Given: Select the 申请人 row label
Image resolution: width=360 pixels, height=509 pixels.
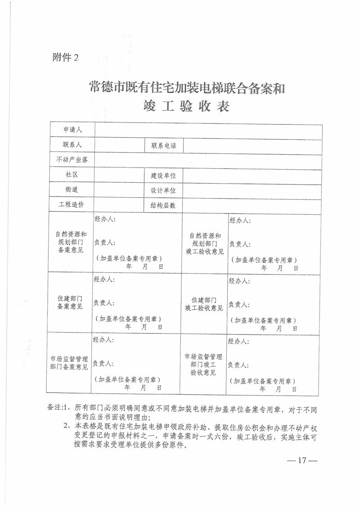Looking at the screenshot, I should coord(72,130).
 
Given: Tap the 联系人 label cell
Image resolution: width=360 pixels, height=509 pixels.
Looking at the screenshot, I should coord(72,145).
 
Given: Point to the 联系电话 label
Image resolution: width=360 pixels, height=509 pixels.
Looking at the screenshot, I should coord(163,145).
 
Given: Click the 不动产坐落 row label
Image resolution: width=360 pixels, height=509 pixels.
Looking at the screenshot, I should coord(72,160).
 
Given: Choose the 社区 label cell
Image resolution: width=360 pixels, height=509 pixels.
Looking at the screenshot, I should coord(72,175).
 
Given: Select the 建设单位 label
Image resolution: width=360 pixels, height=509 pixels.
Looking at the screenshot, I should coord(163,176).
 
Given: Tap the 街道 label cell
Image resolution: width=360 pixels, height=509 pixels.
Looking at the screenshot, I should coord(72,189).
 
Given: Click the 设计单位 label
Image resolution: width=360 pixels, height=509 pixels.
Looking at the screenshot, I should coord(163,190).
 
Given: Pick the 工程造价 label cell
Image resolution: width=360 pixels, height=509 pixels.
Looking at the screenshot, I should coord(72,204).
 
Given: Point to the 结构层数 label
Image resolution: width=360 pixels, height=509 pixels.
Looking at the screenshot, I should coord(163,205).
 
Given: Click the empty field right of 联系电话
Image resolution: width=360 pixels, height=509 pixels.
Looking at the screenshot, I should coord(252,145).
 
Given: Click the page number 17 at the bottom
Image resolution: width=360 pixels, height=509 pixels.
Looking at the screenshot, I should coord(302,460).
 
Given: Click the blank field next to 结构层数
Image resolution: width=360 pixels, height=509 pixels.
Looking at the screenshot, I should coord(252,205).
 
